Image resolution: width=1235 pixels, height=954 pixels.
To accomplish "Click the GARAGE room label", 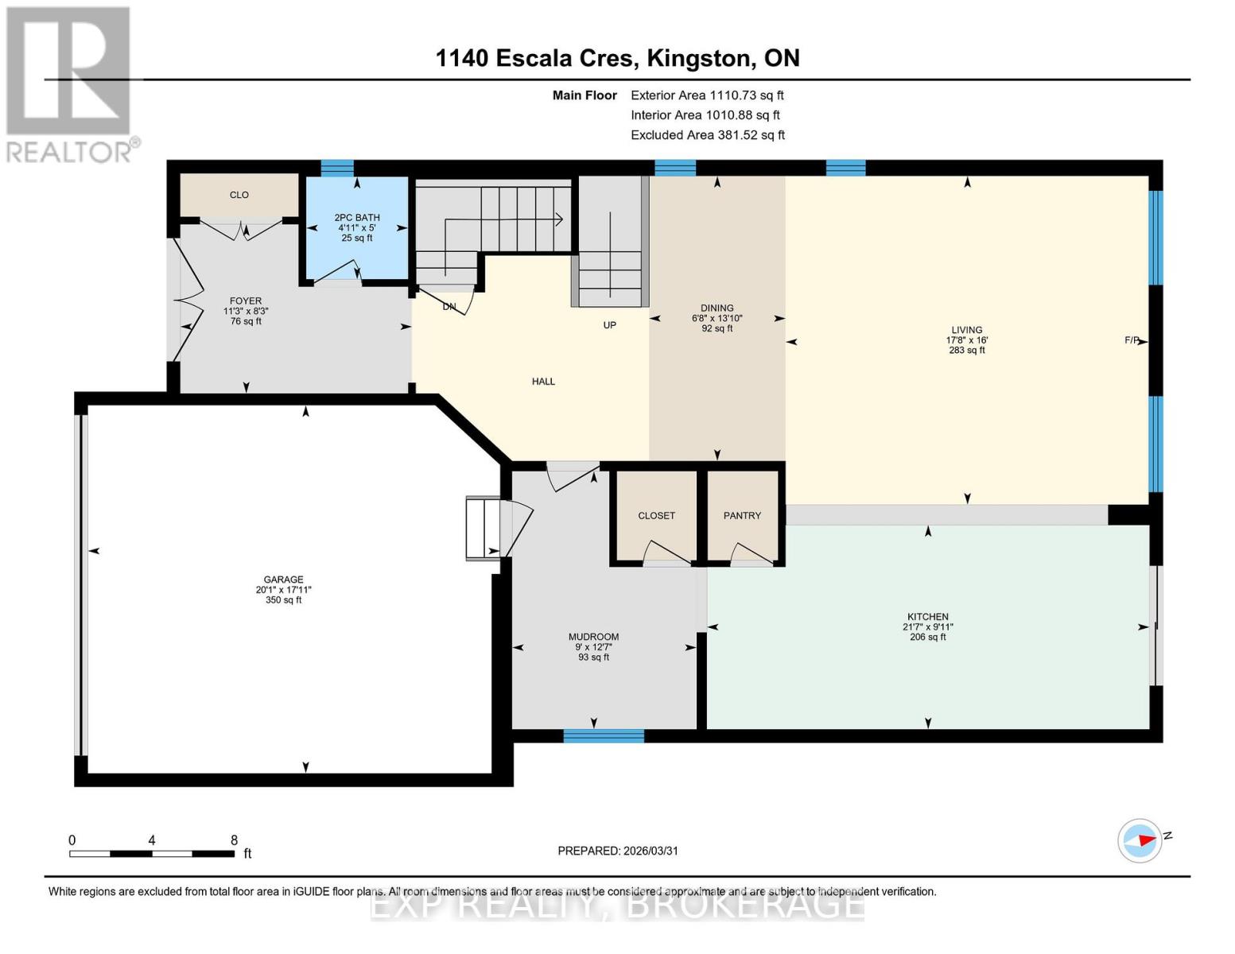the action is pos(283,580).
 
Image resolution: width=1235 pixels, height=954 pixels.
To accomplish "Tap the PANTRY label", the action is pos(742,515).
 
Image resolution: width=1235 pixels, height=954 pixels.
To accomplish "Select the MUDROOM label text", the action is pos(593,637).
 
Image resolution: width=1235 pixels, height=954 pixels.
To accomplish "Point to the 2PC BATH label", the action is pos(357,218).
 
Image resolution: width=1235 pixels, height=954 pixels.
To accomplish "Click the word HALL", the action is pos(543,382).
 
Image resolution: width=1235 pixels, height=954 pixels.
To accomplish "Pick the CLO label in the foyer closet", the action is pos(239,195).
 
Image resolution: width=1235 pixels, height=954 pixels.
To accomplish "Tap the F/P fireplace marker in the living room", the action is pos(1132,340).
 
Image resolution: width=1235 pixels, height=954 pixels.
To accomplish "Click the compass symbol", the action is pos(1140,841).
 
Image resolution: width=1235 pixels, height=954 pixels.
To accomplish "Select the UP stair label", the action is pos(609,325).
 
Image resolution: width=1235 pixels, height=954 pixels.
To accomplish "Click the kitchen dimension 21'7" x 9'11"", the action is pos(927,626).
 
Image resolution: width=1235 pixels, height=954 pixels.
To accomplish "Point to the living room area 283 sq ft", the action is pos(967,350).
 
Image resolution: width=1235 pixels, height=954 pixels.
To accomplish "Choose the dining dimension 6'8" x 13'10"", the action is pos(717,318).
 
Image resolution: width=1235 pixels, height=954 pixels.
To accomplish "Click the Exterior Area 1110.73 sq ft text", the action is pos(707,95).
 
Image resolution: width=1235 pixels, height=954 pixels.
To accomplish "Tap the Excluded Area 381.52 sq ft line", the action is pos(708,135).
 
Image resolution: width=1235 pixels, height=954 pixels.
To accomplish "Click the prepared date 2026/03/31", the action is pos(651,851).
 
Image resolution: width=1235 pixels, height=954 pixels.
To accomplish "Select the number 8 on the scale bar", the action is pos(234,840).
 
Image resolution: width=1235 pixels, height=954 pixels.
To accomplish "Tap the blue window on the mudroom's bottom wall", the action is pos(604,736).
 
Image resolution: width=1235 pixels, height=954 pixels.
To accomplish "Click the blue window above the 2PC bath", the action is pos(337,169).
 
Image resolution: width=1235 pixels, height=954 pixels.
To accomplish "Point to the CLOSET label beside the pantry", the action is pos(656,515).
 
